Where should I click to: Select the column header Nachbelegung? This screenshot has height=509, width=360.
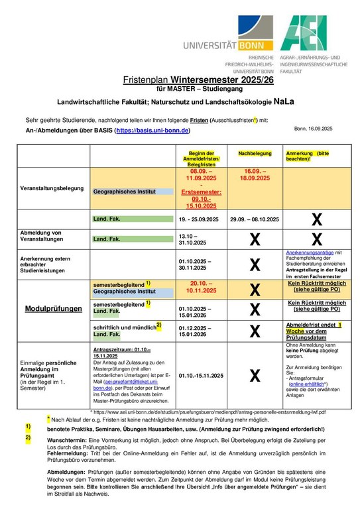[x=255, y=153]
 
